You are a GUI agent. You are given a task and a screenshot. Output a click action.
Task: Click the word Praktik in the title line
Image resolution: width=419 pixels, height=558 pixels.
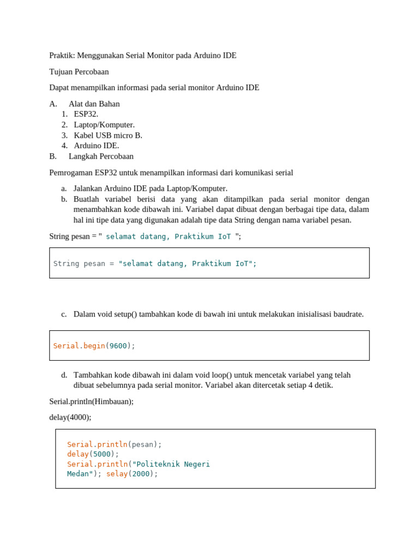[x=62, y=56]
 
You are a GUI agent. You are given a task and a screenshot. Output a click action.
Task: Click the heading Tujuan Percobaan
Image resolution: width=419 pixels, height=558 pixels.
[x=79, y=72]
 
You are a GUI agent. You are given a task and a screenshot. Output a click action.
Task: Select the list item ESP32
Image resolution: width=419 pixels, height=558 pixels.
[x=86, y=114]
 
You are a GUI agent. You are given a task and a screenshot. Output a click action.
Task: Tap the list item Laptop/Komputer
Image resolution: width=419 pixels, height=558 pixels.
[x=104, y=125]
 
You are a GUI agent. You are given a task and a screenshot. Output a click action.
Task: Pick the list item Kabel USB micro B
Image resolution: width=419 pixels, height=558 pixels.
[x=108, y=135]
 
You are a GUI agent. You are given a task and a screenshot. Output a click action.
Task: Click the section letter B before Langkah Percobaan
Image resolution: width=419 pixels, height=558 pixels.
[x=52, y=156]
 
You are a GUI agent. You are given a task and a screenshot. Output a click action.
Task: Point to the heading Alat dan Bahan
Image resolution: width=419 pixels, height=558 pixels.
[x=94, y=104]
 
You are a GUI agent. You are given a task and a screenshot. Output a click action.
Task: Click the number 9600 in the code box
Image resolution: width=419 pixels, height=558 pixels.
[x=118, y=346]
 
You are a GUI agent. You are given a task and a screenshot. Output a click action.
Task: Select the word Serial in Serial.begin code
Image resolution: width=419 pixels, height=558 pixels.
[x=66, y=346]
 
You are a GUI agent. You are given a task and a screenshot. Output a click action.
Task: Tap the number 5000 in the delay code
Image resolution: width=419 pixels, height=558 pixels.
[x=101, y=454]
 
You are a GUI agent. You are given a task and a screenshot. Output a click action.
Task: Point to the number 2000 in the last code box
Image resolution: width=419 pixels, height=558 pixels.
[x=141, y=474]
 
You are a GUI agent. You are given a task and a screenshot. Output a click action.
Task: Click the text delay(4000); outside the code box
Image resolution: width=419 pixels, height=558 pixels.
[x=70, y=417]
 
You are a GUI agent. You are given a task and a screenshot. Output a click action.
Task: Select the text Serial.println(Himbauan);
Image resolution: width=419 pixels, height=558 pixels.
[x=91, y=402]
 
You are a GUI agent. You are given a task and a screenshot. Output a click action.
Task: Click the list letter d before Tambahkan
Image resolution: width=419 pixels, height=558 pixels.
[x=64, y=375]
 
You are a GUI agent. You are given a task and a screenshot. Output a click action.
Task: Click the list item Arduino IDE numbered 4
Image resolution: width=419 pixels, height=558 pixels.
[x=97, y=145]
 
